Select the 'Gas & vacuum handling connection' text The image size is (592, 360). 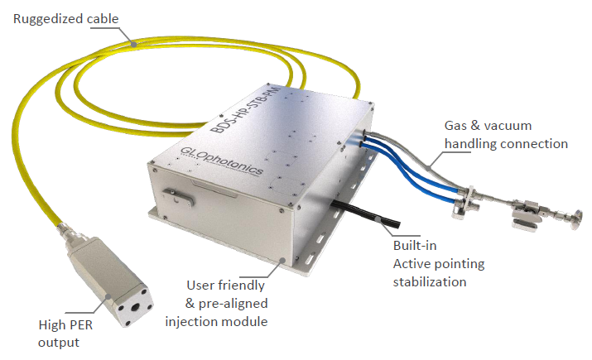[x=506, y=135]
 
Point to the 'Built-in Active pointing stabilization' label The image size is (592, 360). [x=438, y=264]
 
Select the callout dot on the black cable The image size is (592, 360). [x=383, y=221]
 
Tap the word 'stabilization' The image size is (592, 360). [x=430, y=281]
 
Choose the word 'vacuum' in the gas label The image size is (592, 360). [x=529, y=126]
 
